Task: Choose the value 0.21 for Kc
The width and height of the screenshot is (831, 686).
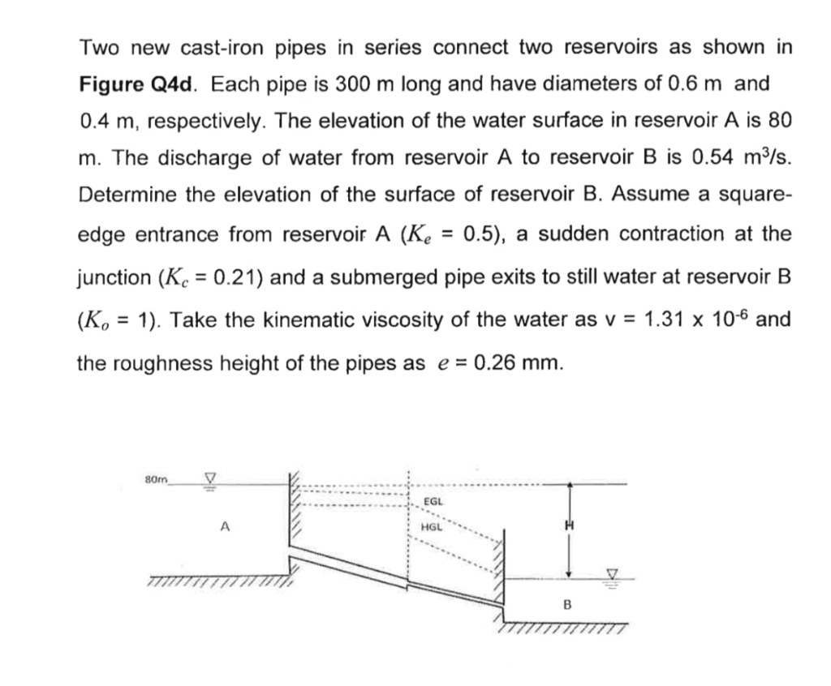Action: point(237,278)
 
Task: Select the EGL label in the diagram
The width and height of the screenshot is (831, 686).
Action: point(435,502)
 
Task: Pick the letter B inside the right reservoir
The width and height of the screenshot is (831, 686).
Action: point(567,604)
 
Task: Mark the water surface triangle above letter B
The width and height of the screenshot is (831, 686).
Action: point(614,574)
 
